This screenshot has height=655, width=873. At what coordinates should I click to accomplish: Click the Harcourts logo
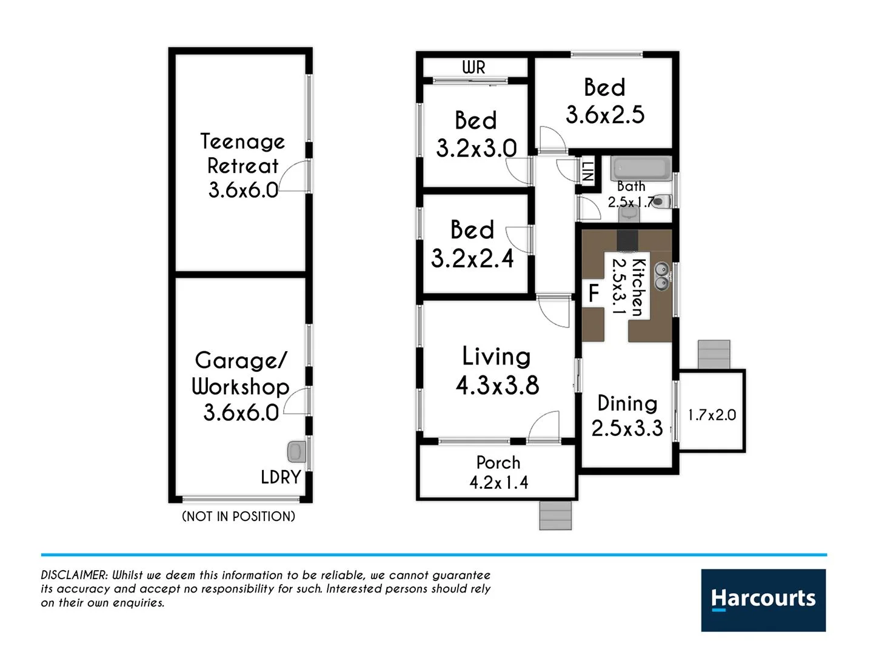[x=763, y=600]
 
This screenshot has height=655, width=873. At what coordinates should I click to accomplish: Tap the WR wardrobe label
[x=473, y=67]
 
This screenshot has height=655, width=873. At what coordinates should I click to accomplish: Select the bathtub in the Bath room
[x=641, y=169]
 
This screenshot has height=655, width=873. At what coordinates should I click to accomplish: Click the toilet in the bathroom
[x=663, y=201]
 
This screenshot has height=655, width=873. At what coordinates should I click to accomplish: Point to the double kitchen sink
[x=662, y=275]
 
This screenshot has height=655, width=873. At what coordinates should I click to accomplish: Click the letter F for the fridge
[x=594, y=294]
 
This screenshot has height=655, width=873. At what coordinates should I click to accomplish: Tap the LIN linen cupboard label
[x=587, y=172]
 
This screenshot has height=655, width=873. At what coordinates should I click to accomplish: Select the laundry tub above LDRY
[x=295, y=452]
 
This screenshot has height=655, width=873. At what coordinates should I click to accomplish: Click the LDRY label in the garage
[x=281, y=477]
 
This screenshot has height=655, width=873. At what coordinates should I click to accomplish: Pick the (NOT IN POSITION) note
[x=238, y=516]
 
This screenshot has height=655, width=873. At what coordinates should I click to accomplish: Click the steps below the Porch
[x=555, y=516]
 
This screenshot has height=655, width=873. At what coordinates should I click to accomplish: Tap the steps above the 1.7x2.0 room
[x=714, y=355]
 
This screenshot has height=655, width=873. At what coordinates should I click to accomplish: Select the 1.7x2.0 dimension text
[x=712, y=415]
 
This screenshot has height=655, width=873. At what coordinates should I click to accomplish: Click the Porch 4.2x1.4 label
[x=498, y=472]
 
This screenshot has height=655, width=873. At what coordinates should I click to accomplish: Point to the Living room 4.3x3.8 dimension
[x=497, y=385]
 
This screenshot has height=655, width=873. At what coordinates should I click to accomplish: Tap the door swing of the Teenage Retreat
[x=296, y=176]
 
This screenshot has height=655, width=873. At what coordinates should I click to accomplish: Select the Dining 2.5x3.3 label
[x=627, y=415]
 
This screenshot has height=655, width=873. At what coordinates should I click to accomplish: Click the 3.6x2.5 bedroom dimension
[x=605, y=114]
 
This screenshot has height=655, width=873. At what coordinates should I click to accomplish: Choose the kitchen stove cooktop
[x=627, y=240]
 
